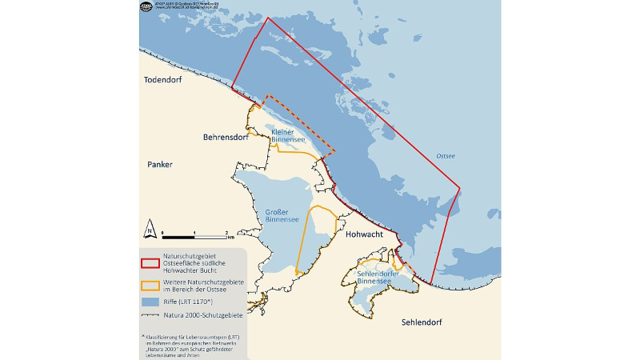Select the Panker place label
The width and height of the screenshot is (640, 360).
tap(160, 165)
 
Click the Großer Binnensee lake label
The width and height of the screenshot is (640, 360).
tap(282, 215)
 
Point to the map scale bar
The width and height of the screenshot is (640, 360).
tap(194, 237)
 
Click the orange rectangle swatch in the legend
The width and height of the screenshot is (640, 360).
tap(149, 284)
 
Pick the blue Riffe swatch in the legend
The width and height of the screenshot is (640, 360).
tap(149, 302)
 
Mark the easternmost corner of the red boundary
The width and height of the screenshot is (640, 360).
tap(460, 189)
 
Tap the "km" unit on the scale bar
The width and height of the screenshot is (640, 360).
tap(230, 238)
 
